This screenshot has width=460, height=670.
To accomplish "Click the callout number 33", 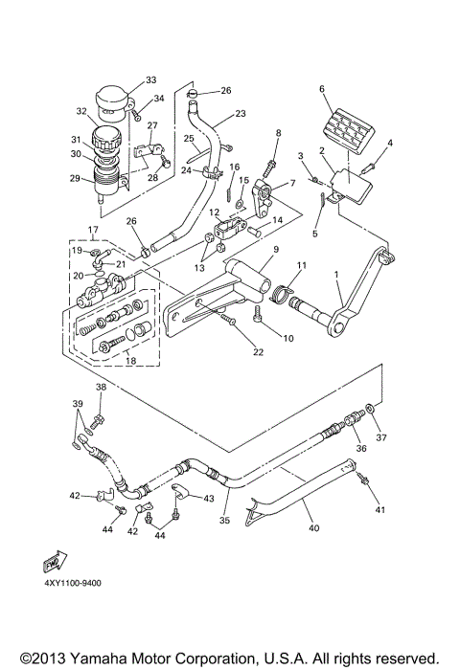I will coord(149,79).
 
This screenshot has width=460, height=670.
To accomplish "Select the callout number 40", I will coord(313,525).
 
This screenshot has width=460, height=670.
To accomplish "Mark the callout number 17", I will coord(93,230).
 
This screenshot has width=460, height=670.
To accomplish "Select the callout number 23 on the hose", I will coord(240,113).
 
